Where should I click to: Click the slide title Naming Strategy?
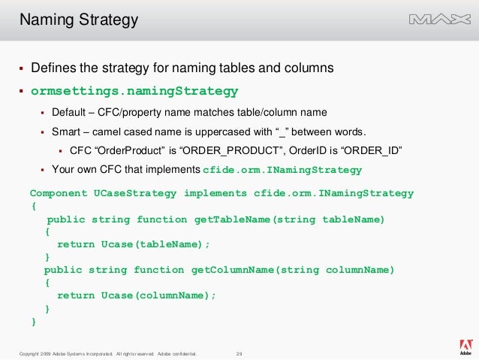tap(79, 20)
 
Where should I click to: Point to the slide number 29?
tap(239, 353)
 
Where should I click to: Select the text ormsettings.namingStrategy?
tap(134, 92)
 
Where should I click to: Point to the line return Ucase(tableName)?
tap(134, 244)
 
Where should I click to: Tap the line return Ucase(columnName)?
tap(137, 295)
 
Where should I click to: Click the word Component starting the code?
tap(59, 193)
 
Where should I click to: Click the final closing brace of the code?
tap(33, 322)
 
